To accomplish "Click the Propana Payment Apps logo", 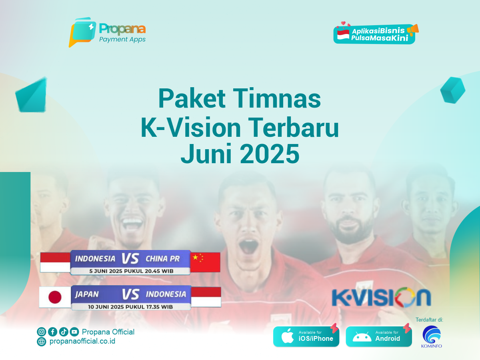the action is pos(107,32).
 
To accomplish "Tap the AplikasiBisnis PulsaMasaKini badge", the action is pos(376,33).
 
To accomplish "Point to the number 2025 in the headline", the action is pos(270,154).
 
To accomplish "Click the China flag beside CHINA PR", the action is pos(205,262).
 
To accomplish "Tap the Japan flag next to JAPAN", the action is pos(55,297).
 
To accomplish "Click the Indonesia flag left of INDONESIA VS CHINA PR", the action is pos(55,262).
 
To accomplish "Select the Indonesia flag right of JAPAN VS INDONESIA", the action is pos(206,297).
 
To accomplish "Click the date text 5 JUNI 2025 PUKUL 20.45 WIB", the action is pos(131,271).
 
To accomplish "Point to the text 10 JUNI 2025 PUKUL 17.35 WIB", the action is pos(130,307).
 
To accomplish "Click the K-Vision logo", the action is pos(381,297).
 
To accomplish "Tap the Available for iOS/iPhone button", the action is pos(306,336).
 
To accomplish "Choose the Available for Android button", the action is pos(379,336).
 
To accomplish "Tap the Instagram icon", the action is pos(41,332).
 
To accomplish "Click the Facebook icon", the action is pos(52,332).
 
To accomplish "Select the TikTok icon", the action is pos(64,332).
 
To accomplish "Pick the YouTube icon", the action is pos(74,332).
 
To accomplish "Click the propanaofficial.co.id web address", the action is pos(82,341).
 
